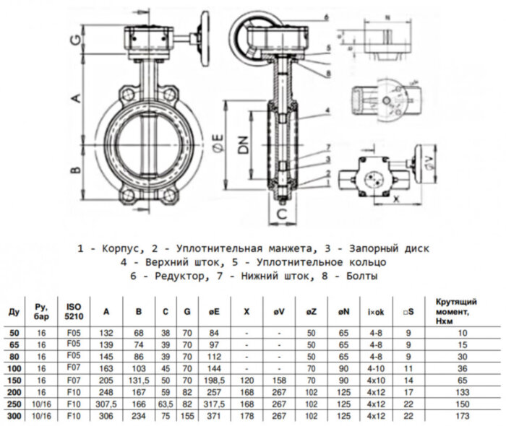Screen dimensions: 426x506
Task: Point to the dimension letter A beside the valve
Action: (74, 100)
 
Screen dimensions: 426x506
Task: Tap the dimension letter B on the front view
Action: (74, 170)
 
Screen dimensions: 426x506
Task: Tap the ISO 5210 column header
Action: (74, 311)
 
